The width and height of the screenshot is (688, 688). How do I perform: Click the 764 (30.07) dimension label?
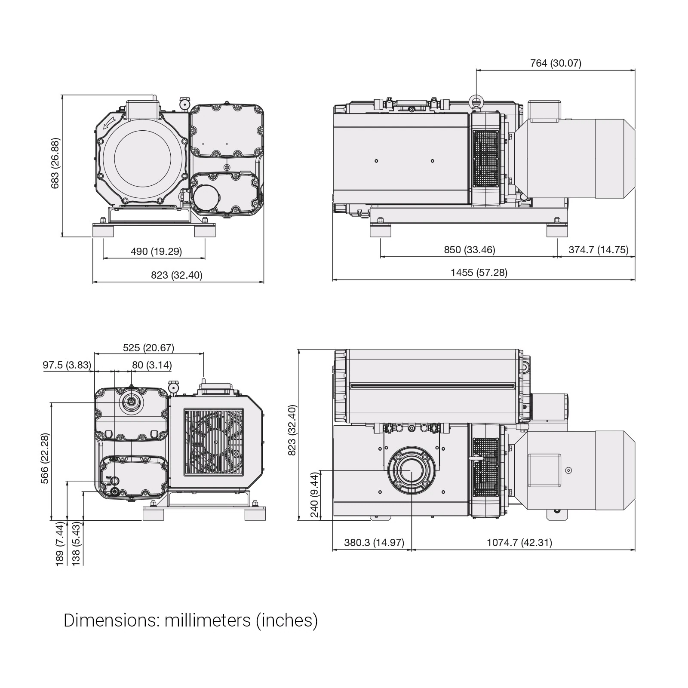pos(556,63)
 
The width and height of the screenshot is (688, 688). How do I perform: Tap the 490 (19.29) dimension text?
pos(156,251)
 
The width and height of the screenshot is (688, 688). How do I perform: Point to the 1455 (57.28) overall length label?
pos(479,273)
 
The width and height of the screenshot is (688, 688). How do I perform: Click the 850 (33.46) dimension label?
pos(470,250)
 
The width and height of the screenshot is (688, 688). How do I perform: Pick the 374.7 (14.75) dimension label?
pos(599,250)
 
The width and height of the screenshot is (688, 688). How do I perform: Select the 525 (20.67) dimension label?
pos(149,347)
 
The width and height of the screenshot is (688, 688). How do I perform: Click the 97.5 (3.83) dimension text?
pos(67,365)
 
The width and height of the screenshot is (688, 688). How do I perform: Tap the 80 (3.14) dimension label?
pos(152,365)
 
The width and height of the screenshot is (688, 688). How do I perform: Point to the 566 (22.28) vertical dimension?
pos(45,458)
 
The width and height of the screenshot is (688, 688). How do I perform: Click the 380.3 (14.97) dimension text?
pos(374,543)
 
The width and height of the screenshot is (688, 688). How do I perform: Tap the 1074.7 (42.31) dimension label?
pos(519,543)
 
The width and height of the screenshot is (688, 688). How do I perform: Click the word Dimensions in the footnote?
pos(111,620)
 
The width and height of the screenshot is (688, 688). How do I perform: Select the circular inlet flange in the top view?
pos(412,471)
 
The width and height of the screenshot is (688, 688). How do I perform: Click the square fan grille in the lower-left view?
pos(214,442)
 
